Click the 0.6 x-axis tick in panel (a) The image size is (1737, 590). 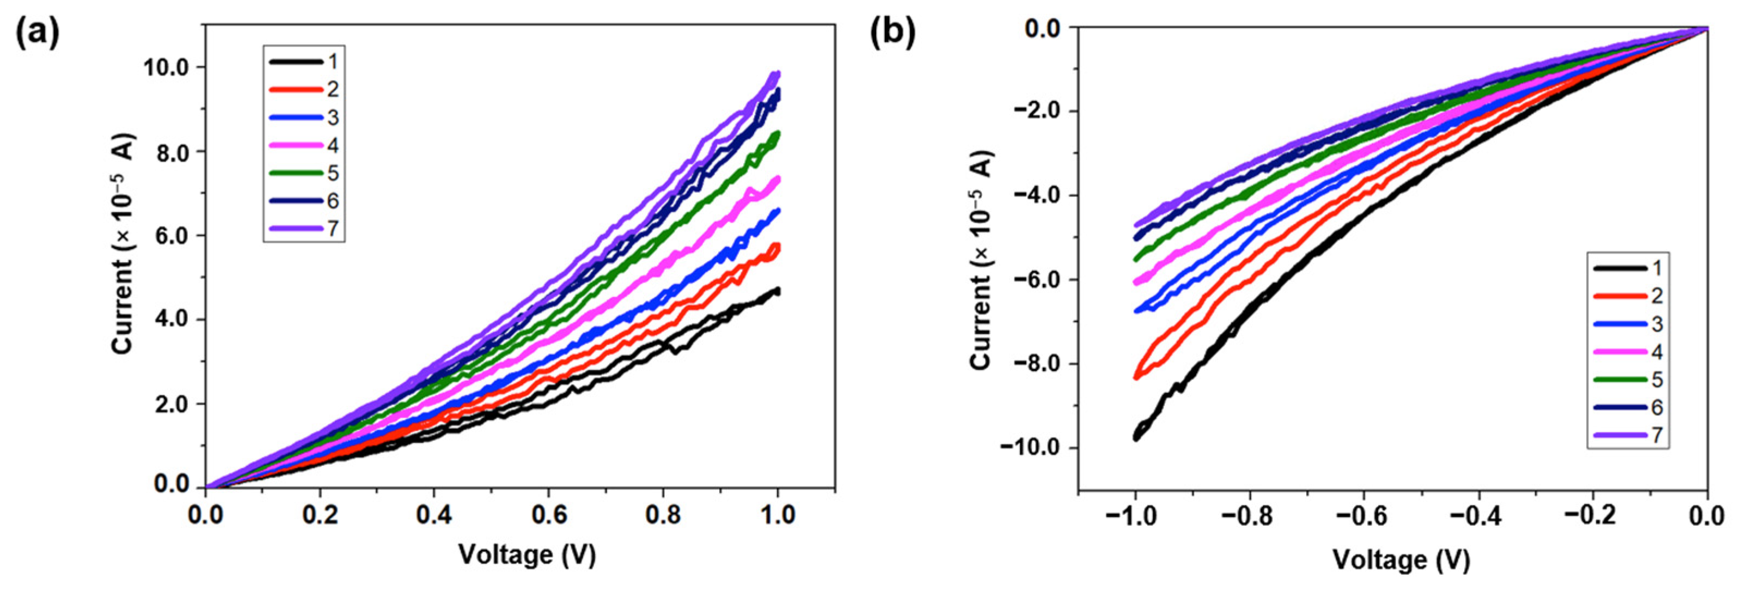click(x=548, y=515)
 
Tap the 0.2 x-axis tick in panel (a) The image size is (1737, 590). click(x=320, y=515)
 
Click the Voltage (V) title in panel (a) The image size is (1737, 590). click(x=527, y=555)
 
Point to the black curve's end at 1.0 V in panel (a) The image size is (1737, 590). click(x=778, y=291)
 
